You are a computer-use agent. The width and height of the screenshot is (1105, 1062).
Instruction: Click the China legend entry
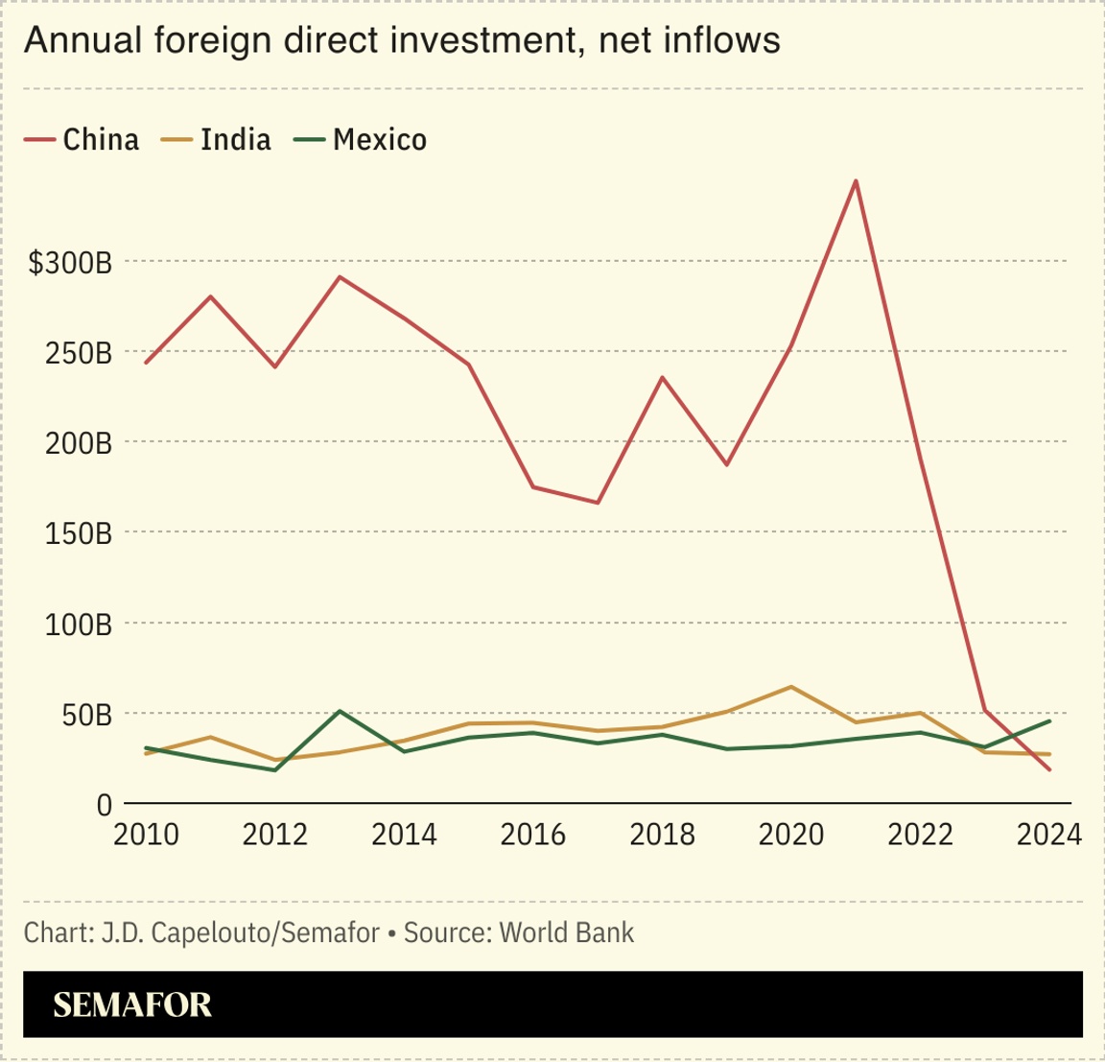[x=82, y=140]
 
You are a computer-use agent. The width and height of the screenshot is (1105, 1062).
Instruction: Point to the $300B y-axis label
[x=70, y=263]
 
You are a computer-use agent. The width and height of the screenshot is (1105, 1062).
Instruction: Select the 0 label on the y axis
[x=104, y=806]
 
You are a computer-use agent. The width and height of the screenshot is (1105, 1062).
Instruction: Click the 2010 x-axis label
[x=146, y=835]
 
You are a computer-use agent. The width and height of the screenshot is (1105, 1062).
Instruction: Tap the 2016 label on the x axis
[x=532, y=835]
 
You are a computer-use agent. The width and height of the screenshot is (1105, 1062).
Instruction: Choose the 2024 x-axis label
[x=1048, y=835]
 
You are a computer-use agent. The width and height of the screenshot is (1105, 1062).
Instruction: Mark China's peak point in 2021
[x=855, y=180]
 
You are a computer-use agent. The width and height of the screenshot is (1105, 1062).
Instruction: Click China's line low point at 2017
[x=597, y=503]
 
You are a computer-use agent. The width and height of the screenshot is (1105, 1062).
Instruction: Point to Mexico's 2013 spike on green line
[x=340, y=711]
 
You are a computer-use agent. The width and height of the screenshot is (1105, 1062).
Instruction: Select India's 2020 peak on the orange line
[x=790, y=687]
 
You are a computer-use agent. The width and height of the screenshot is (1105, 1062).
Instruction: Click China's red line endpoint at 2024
[x=1050, y=769]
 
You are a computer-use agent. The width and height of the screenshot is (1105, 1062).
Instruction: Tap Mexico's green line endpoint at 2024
[x=1050, y=720]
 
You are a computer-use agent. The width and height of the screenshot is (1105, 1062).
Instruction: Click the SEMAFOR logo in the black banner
[x=132, y=1004]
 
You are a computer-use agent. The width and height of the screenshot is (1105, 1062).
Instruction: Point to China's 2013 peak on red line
[x=340, y=277]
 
